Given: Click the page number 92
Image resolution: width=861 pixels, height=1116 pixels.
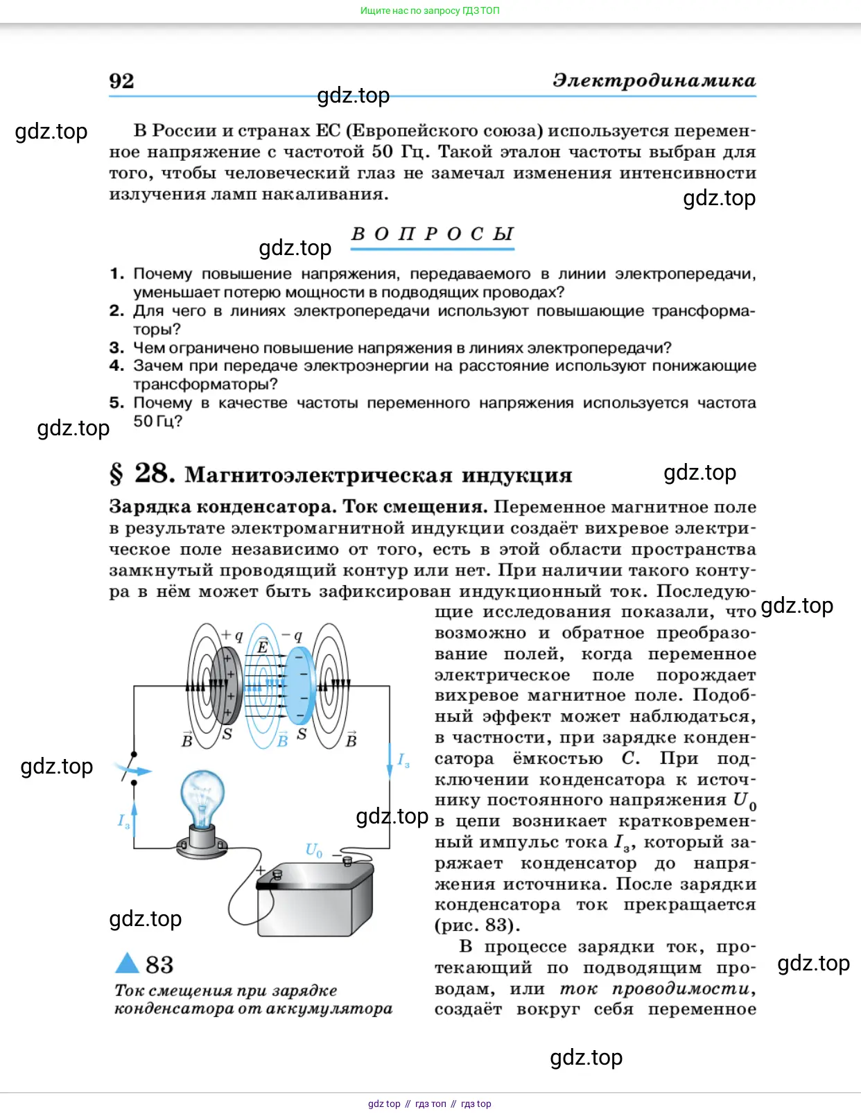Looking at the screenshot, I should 121,81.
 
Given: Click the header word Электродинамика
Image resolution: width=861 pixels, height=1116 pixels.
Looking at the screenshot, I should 654,81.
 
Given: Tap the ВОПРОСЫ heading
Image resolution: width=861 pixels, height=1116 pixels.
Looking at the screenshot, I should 433,234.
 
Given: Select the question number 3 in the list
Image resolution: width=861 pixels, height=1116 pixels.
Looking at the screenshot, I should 116,347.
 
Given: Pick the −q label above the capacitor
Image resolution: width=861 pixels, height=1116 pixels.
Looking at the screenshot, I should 292,635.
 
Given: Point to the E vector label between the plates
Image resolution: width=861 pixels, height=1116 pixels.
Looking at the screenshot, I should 263,646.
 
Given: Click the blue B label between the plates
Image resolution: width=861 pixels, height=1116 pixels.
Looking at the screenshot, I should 282,740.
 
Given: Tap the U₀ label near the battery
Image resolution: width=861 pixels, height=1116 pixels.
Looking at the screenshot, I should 314,850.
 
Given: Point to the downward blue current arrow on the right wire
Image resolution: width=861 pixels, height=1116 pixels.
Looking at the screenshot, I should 390,762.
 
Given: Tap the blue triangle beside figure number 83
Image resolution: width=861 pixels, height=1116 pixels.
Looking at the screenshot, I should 128,964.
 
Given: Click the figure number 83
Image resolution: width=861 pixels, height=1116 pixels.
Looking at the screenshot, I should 159,964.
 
